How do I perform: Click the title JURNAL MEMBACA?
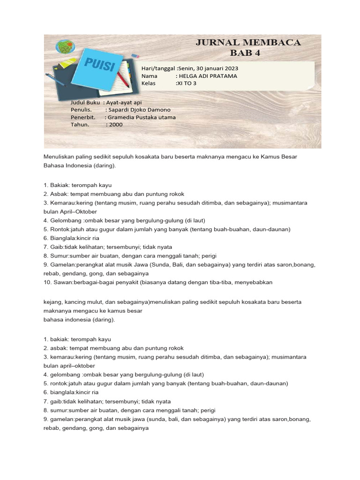click(x=248, y=43)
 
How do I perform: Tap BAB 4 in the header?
click(x=248, y=53)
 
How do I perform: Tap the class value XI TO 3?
click(x=186, y=83)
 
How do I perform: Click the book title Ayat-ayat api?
click(x=124, y=102)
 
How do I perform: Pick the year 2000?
click(x=115, y=125)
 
